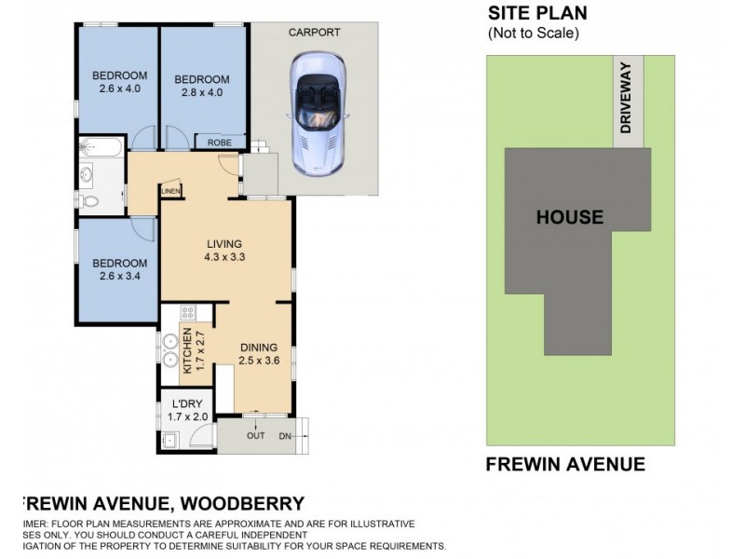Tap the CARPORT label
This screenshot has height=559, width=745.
313,32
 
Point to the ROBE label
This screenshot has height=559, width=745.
220,143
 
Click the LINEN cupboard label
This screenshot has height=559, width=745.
170,192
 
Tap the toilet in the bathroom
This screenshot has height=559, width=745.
87,200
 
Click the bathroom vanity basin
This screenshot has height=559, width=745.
87,173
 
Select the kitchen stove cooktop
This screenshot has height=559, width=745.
185,315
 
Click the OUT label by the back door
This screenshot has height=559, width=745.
256,435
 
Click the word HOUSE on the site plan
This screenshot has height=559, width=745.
569,217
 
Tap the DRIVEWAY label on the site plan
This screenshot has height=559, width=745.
626,98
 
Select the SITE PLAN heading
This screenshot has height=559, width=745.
534,13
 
